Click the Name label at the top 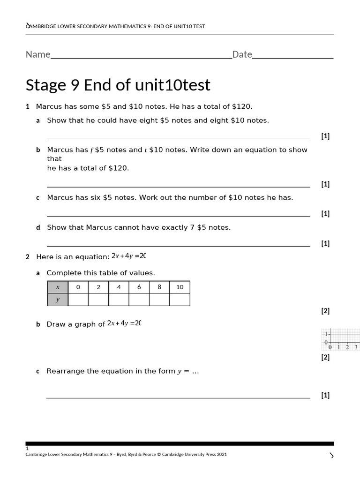click(38, 54)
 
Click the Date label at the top click(242, 54)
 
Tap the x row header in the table click(58, 287)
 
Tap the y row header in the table click(58, 300)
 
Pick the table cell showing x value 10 click(180, 287)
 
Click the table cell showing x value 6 click(139, 287)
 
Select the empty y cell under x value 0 click(78, 300)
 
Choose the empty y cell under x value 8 click(159, 300)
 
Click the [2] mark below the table click(325, 311)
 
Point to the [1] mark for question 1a click(325, 136)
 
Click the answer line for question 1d click(178, 246)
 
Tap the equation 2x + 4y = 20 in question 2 click(129, 256)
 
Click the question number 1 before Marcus click(28, 106)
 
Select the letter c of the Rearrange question click(38, 371)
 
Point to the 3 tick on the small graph click(356, 347)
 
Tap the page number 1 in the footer click(27, 449)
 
